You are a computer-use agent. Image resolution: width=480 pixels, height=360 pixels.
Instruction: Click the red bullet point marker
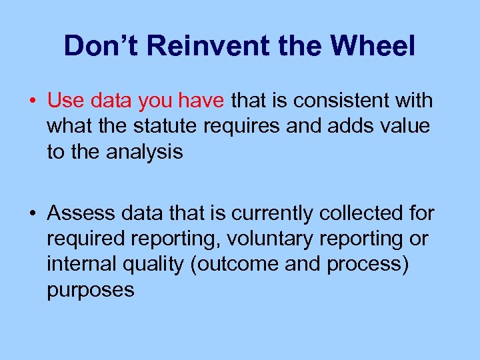pos(32,101)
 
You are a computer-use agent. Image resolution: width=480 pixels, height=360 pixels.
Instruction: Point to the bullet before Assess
pos(32,213)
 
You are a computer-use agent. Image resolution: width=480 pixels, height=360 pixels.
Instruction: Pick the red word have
pos(207,101)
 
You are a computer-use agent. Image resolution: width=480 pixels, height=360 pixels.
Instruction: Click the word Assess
pos(83,213)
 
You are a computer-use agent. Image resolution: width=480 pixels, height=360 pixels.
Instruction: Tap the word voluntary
pos(268,239)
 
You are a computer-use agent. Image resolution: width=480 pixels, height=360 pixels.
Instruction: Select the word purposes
pos(91,290)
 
